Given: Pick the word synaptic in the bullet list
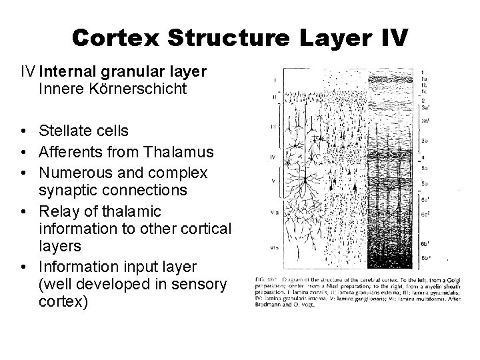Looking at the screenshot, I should click(65, 190).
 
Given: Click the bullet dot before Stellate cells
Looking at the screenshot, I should click(23, 130).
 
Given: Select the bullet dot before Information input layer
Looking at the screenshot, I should click(23, 267).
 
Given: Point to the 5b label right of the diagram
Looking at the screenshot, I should click(425, 182).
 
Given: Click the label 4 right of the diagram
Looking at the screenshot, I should click(423, 157).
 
